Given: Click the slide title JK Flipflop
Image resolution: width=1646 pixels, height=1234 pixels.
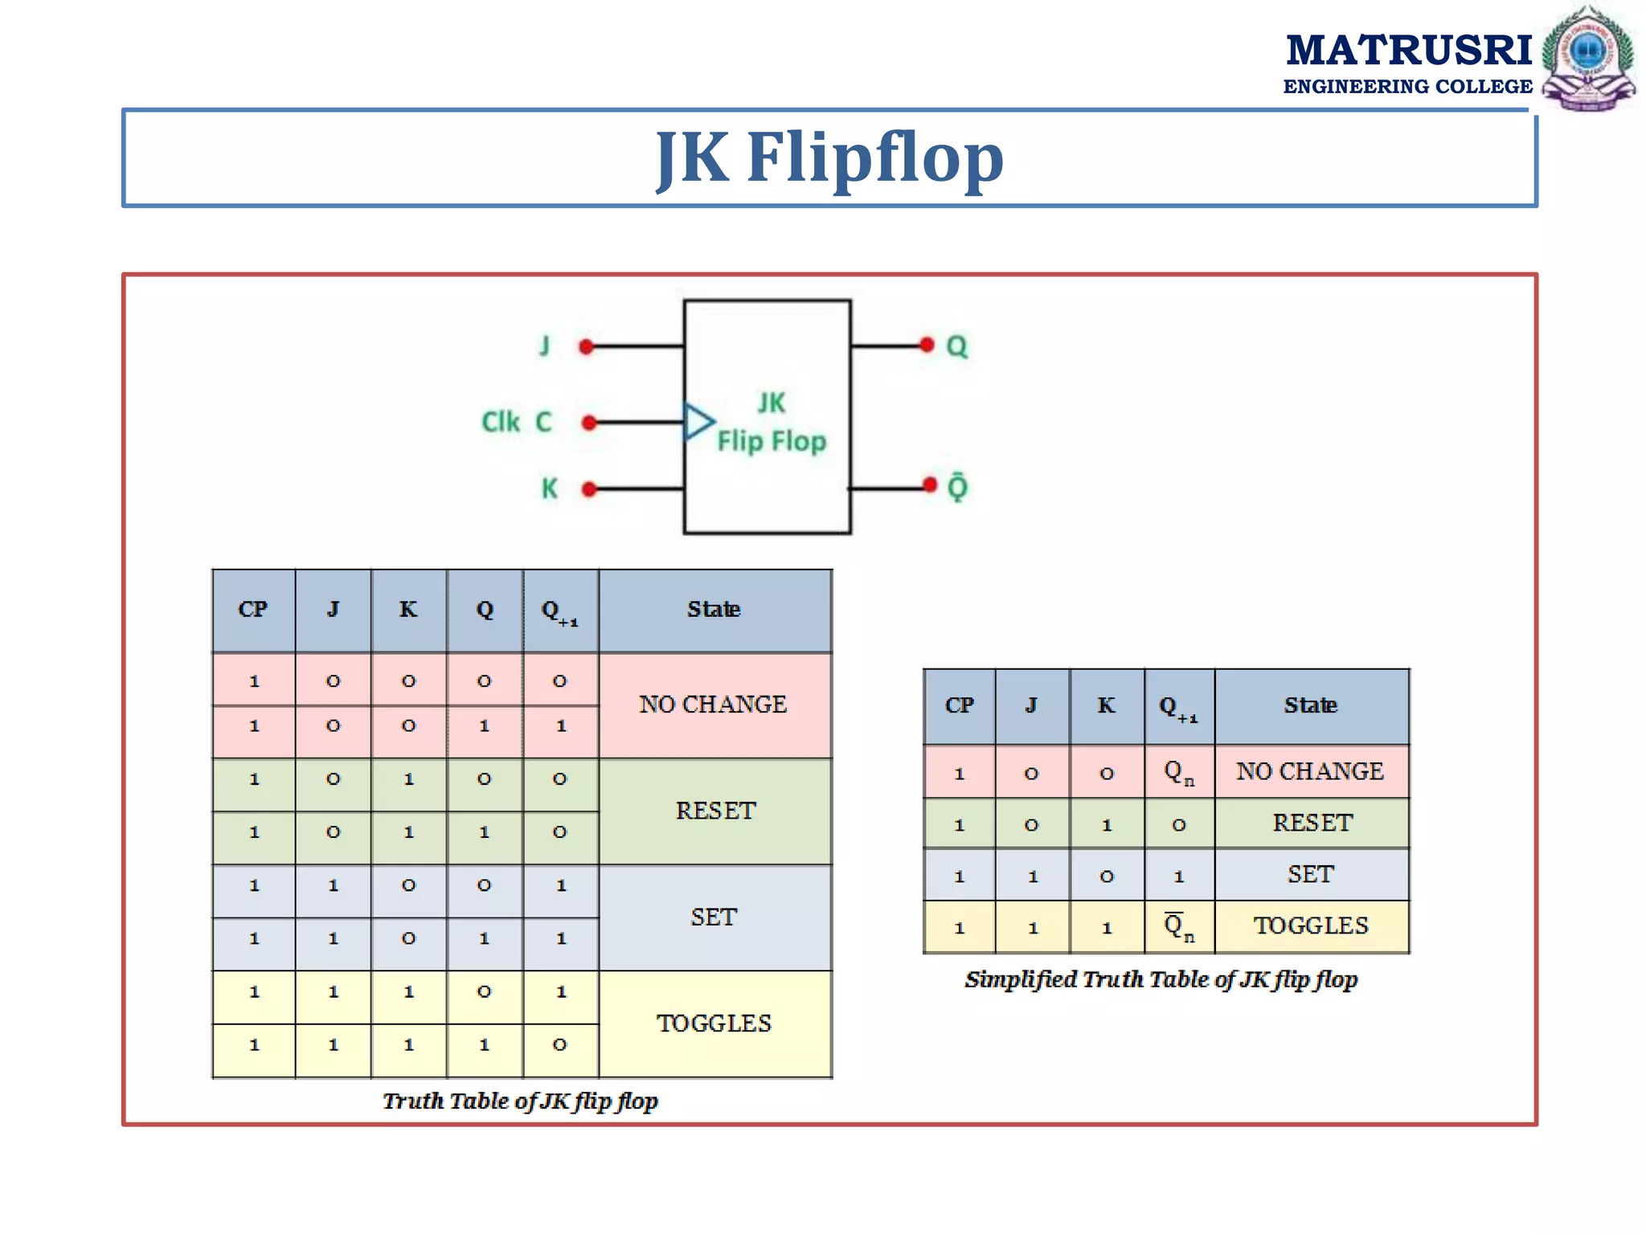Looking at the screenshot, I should (x=829, y=158).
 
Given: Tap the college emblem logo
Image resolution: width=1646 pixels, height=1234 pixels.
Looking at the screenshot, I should (x=1587, y=58).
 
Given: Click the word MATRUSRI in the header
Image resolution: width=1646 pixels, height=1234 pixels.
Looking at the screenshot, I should (x=1409, y=50).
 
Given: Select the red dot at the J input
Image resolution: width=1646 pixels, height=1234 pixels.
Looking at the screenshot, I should (x=586, y=347).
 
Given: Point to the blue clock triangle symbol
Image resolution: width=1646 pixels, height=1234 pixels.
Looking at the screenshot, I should (x=698, y=422).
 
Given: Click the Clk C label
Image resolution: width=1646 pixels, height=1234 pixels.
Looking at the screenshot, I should (x=517, y=422).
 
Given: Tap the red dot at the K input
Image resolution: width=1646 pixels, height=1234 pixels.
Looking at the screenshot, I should (x=589, y=488).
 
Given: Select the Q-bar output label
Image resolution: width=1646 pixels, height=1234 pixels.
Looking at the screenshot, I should (x=957, y=487).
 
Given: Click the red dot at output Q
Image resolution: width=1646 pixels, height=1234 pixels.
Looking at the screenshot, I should (x=927, y=345).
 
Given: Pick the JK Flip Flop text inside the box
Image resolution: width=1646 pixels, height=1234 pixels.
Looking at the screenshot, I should (x=771, y=423).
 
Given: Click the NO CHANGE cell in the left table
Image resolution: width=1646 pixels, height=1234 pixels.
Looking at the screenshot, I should (x=714, y=705).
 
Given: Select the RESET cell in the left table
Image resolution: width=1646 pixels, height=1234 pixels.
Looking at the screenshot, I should (x=715, y=811).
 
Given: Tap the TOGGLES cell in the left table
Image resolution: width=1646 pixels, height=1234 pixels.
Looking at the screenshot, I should (x=714, y=1024).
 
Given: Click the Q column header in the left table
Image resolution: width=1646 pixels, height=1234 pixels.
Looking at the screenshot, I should (x=485, y=610).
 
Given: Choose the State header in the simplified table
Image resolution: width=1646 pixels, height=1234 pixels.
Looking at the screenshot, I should (x=1311, y=705).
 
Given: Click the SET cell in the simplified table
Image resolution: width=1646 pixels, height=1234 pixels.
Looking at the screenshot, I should (x=1311, y=874).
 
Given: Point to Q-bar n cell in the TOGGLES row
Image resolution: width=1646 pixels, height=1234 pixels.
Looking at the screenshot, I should (x=1179, y=926).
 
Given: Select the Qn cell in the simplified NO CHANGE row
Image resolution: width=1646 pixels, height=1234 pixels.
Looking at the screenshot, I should (x=1179, y=772).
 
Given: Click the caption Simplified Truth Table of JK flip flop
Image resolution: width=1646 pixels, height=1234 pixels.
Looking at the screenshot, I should (x=1161, y=979).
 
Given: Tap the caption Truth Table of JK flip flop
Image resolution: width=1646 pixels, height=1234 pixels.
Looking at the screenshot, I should (x=520, y=1101).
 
